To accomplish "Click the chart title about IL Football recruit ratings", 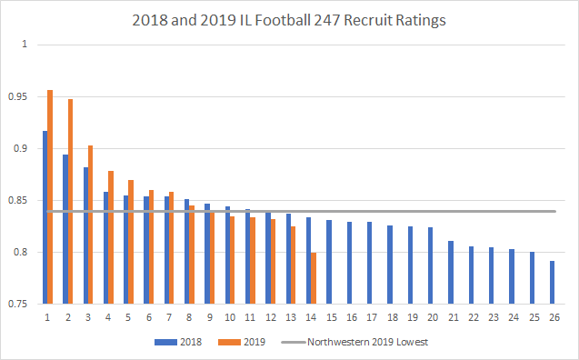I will pyautogui.click(x=289, y=19).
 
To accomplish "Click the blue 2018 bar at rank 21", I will pyautogui.click(x=451, y=272).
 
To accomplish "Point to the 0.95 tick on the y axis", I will pyautogui.click(x=18, y=96).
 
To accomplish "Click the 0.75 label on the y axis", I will pyautogui.click(x=18, y=304).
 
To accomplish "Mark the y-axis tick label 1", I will pyautogui.click(x=25, y=45).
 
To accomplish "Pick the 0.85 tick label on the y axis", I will pyautogui.click(x=18, y=200).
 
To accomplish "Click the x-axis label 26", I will pyautogui.click(x=554, y=316).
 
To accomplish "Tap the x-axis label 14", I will pyautogui.click(x=311, y=316).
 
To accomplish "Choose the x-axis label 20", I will pyautogui.click(x=433, y=316).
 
